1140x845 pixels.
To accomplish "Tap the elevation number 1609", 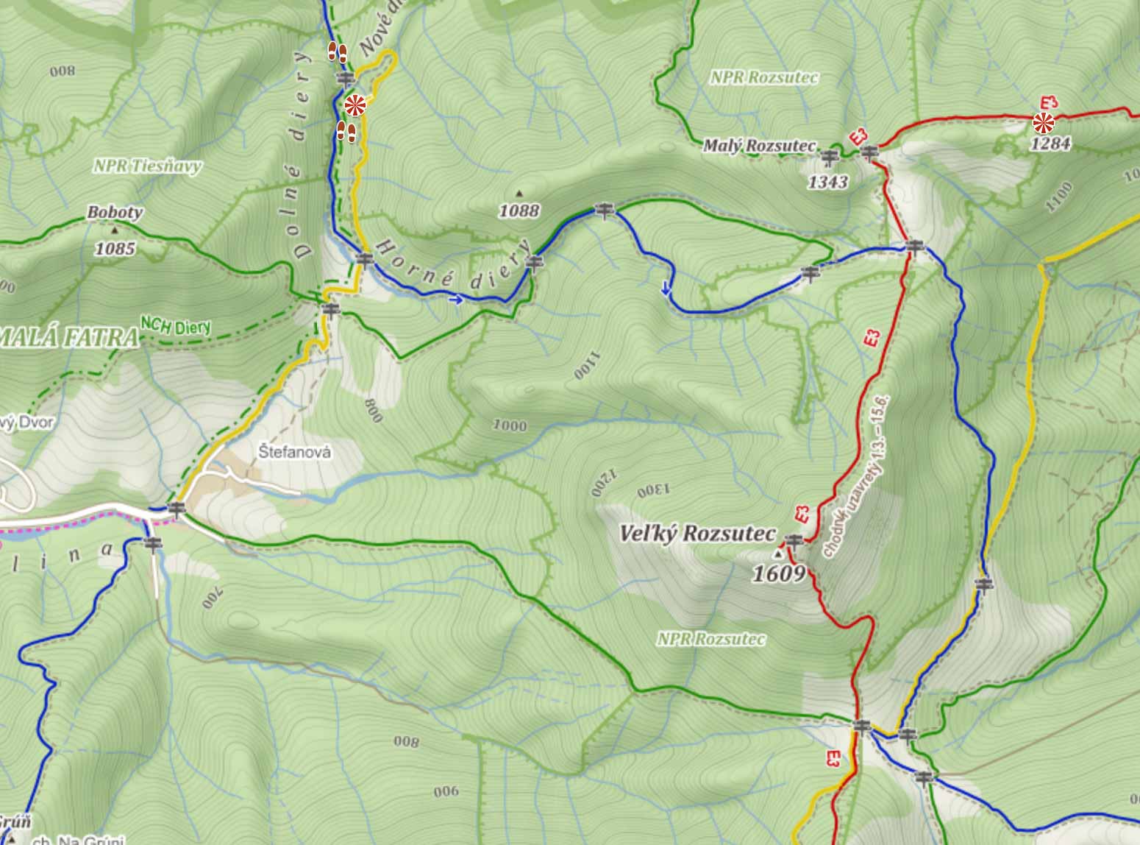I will (x=778, y=573).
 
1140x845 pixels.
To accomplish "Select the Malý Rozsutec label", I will (x=759, y=146).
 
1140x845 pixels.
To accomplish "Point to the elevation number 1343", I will (x=827, y=181).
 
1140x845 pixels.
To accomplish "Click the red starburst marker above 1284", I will (x=1043, y=122).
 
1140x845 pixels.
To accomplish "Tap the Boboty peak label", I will (x=115, y=213).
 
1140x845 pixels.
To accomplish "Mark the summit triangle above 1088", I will (x=519, y=194).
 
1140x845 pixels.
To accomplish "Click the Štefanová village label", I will (x=295, y=452).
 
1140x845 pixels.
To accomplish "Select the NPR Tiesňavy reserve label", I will (x=147, y=166).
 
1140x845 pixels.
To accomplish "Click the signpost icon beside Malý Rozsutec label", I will (x=830, y=156).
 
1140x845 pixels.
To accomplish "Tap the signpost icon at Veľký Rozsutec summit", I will (x=793, y=541).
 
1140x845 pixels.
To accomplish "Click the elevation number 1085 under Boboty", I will (x=115, y=248).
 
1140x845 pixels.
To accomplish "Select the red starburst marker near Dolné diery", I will (x=355, y=105).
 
